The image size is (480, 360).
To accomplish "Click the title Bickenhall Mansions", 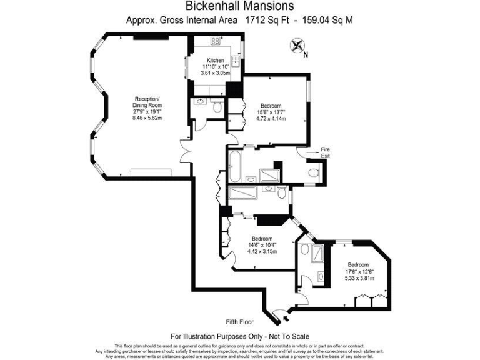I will (240, 6).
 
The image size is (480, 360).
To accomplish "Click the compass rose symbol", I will (297, 45).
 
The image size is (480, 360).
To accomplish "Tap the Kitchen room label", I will (216, 60).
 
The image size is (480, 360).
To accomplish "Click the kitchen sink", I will (236, 61).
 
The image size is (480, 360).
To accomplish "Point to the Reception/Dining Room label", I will (147, 102).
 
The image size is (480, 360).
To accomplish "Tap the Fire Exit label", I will (325, 152).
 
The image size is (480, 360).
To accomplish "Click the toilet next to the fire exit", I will (314, 172).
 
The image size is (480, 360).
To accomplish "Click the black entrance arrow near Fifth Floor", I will (286, 318).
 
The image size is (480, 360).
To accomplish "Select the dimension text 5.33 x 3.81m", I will (359, 278).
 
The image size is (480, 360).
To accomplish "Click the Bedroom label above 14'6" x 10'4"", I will (262, 239).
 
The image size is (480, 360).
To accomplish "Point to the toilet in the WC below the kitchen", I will (217, 107).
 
